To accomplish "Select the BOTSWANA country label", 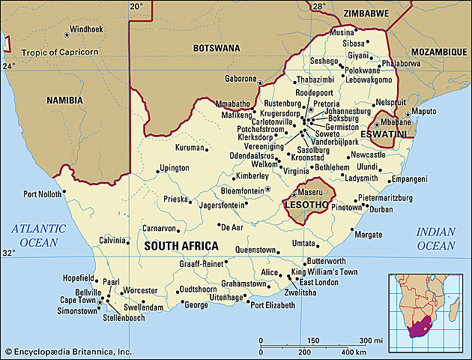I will (x=217, y=48).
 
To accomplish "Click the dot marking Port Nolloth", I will (x=64, y=190).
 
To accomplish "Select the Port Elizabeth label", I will (x=278, y=305).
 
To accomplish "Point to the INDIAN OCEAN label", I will (x=435, y=239).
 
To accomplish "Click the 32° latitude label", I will (x=8, y=253).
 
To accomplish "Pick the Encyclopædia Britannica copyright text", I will (x=67, y=352).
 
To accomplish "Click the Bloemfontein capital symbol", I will (x=267, y=189).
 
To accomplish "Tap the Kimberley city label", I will (x=252, y=175).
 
